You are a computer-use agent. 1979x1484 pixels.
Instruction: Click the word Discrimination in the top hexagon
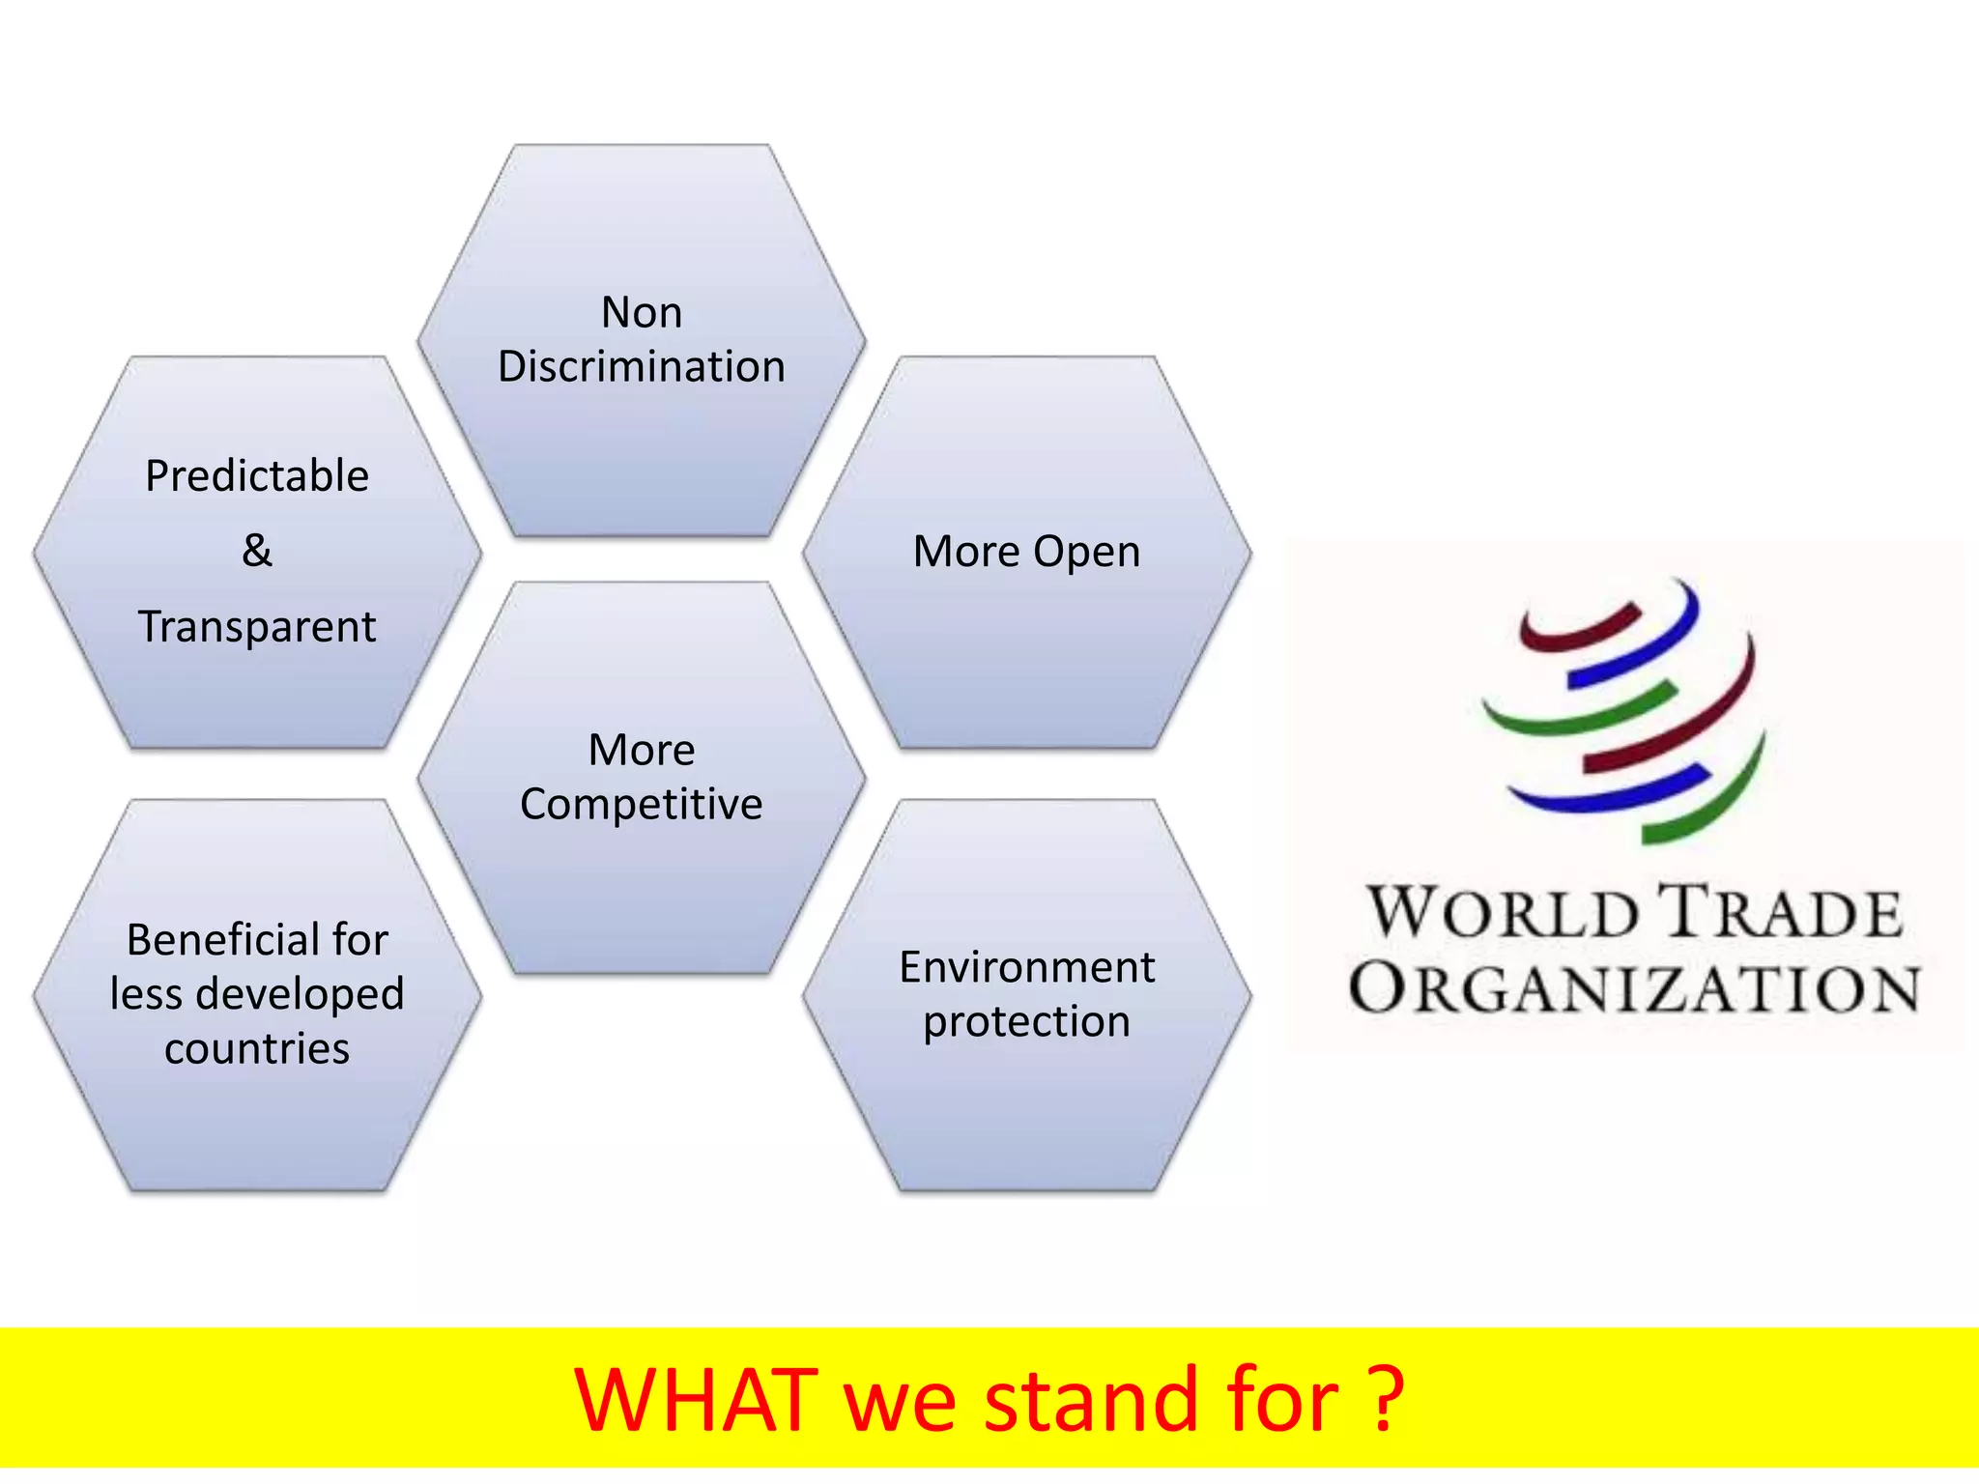pos(641,367)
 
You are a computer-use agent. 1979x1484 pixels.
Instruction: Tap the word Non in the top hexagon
pos(642,313)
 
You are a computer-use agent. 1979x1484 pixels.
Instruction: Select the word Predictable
pos(257,476)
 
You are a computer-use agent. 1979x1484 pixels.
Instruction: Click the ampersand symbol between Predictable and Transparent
pos(257,551)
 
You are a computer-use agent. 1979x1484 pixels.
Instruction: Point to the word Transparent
pos(257,626)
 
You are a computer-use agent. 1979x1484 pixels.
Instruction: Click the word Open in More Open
pos(1086,553)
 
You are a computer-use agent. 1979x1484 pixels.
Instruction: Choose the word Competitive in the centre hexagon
pos(641,805)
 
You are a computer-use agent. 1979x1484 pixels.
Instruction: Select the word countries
pos(257,1049)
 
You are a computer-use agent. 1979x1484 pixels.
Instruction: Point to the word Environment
pos(1026,967)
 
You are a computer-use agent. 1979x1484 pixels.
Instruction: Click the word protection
pos(1026,1022)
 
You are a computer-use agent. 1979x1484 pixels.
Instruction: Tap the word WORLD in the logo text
pos(1503,912)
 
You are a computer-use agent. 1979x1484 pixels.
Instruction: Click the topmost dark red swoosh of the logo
pos(1580,628)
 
